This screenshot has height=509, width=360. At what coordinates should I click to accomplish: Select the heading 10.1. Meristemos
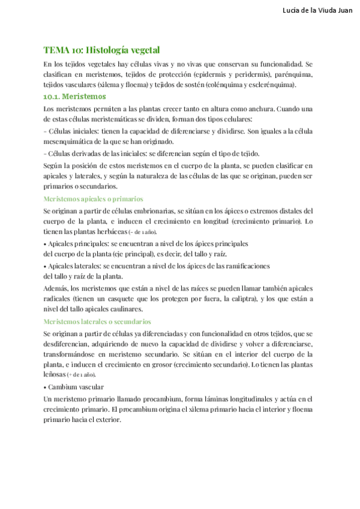pos(75,96)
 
